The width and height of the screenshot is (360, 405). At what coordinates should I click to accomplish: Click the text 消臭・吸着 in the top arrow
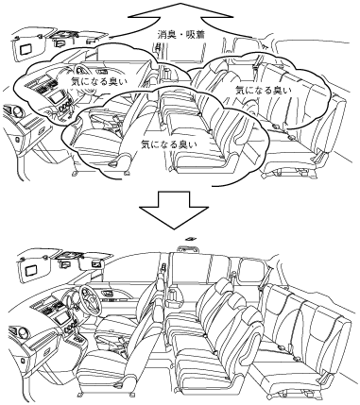click(x=181, y=34)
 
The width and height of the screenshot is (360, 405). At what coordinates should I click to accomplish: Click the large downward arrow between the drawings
click(x=174, y=209)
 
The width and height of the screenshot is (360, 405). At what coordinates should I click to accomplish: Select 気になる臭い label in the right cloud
click(x=264, y=90)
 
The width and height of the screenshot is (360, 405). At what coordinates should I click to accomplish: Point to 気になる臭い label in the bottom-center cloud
click(x=169, y=144)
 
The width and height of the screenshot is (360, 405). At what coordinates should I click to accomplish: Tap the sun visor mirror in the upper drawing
click(x=26, y=49)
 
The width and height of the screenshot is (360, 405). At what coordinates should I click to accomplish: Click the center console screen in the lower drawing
click(x=61, y=319)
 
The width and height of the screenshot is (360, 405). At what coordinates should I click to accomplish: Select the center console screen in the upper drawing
click(x=57, y=97)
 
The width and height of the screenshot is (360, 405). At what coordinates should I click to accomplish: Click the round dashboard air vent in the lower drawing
click(x=21, y=333)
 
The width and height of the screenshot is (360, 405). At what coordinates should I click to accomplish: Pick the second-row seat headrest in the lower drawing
click(x=224, y=288)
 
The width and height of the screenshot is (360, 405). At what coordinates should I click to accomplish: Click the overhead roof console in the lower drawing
click(x=189, y=249)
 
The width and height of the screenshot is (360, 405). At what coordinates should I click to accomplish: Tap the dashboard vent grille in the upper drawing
click(x=41, y=85)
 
